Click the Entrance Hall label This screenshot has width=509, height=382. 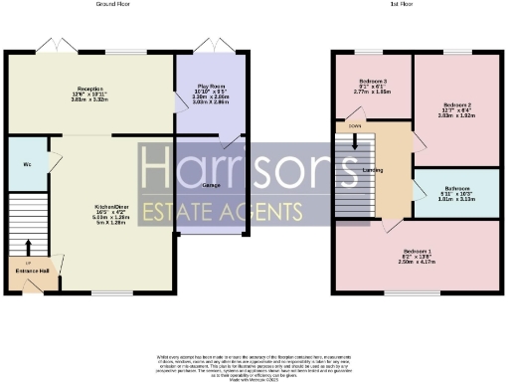(x=31, y=269)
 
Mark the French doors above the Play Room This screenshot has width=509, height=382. (x=210, y=47)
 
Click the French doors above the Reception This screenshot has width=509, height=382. (x=51, y=47)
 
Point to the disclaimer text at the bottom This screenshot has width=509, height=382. (x=255, y=362)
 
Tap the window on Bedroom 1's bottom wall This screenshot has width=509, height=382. (x=415, y=293)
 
